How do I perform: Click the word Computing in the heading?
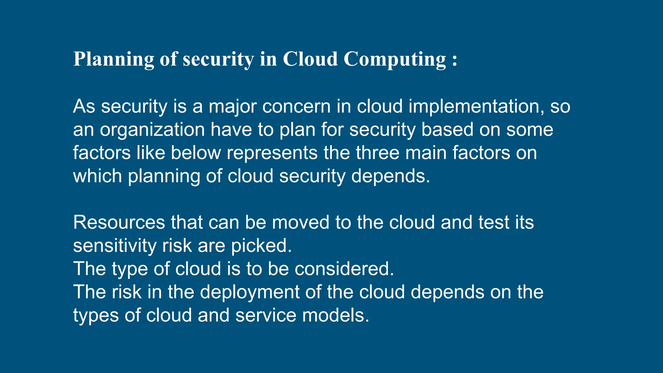coord(395,60)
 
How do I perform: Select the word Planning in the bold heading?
coord(114,60)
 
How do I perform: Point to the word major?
coord(232,107)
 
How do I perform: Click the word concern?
coord(296,107)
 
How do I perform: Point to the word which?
coord(97,176)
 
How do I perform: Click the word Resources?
coord(119,223)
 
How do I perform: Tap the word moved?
coord(300,223)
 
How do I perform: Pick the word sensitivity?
coord(115,246)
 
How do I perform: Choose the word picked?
coord(261,246)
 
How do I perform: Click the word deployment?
coord(250,292)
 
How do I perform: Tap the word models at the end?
coord(335,316)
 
